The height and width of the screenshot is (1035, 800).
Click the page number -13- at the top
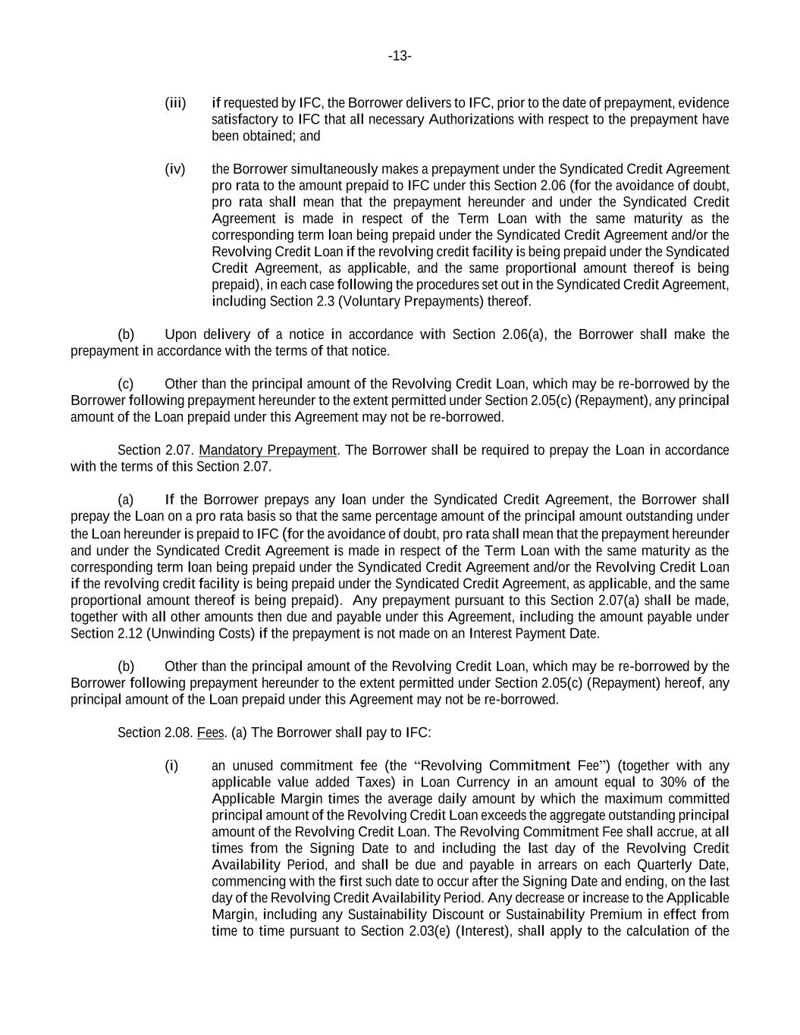tap(400, 56)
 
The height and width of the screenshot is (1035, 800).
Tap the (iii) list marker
tap(175, 102)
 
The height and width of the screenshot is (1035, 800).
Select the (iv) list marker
tap(175, 169)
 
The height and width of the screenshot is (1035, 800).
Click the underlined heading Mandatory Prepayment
tap(268, 450)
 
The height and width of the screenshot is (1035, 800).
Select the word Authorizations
tap(471, 119)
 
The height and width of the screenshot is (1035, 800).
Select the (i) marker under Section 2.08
tap(171, 766)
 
